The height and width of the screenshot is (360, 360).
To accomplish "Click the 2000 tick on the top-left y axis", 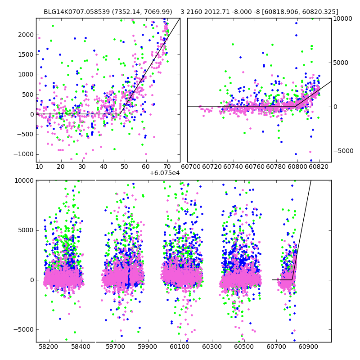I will pos(27,35).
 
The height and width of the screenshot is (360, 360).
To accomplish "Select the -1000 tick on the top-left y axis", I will pos(25,154).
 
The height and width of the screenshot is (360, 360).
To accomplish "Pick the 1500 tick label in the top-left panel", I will pos(27,54).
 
